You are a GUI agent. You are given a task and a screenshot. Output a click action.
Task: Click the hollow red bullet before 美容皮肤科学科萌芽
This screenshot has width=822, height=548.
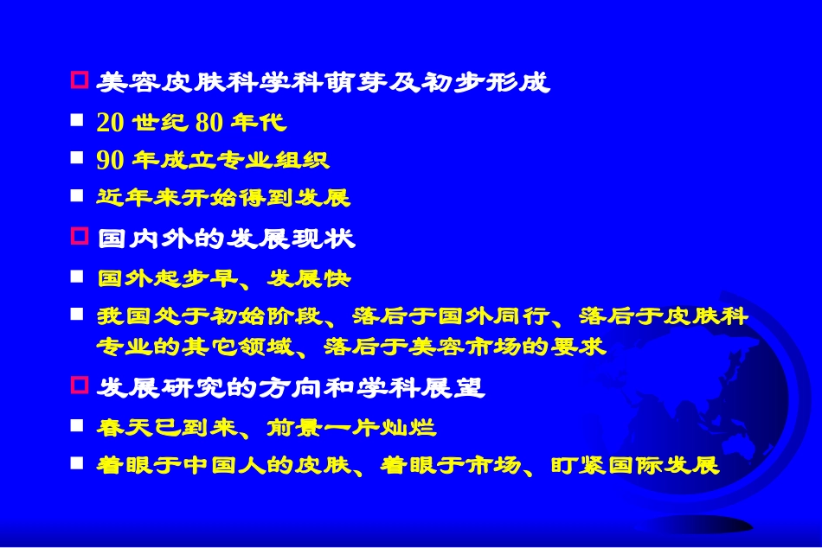click(79, 81)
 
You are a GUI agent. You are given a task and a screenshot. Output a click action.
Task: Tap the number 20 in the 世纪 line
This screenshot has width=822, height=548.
click(110, 122)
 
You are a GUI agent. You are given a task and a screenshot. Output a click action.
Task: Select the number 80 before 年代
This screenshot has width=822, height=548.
click(209, 122)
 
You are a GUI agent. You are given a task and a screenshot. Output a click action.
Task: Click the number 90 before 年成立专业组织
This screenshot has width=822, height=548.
click(110, 160)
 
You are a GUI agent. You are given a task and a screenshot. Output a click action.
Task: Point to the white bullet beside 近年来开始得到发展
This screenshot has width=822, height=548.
click(78, 196)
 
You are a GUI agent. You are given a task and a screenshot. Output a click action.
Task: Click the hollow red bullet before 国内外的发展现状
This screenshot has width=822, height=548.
click(79, 236)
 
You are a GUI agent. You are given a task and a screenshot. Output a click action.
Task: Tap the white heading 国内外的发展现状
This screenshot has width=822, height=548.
click(226, 238)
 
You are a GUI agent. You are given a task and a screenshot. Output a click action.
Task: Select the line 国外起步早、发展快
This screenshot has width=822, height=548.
click(224, 278)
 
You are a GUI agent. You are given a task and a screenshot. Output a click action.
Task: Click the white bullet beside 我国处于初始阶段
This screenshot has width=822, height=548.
click(78, 315)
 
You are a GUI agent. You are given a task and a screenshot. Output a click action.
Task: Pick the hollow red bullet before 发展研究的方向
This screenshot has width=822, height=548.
click(79, 386)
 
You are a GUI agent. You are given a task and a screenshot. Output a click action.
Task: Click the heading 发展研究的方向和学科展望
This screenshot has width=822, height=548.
click(291, 387)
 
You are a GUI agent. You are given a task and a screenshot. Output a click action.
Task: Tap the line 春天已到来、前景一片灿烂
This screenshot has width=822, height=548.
click(267, 427)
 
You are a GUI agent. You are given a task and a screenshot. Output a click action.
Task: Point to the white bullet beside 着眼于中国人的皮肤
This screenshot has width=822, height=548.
click(78, 464)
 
